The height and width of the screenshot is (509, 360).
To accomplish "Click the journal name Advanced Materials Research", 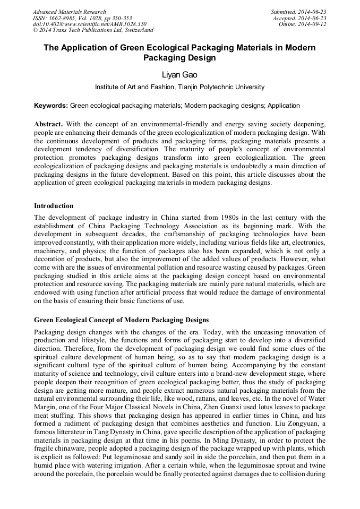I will [69, 12].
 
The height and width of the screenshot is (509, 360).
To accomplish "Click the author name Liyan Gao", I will [179, 75].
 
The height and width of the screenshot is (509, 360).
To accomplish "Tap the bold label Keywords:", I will [51, 106].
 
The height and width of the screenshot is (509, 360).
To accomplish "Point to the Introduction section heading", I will [54, 205].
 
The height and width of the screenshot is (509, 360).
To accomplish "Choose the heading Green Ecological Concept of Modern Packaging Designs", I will [122, 320].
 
